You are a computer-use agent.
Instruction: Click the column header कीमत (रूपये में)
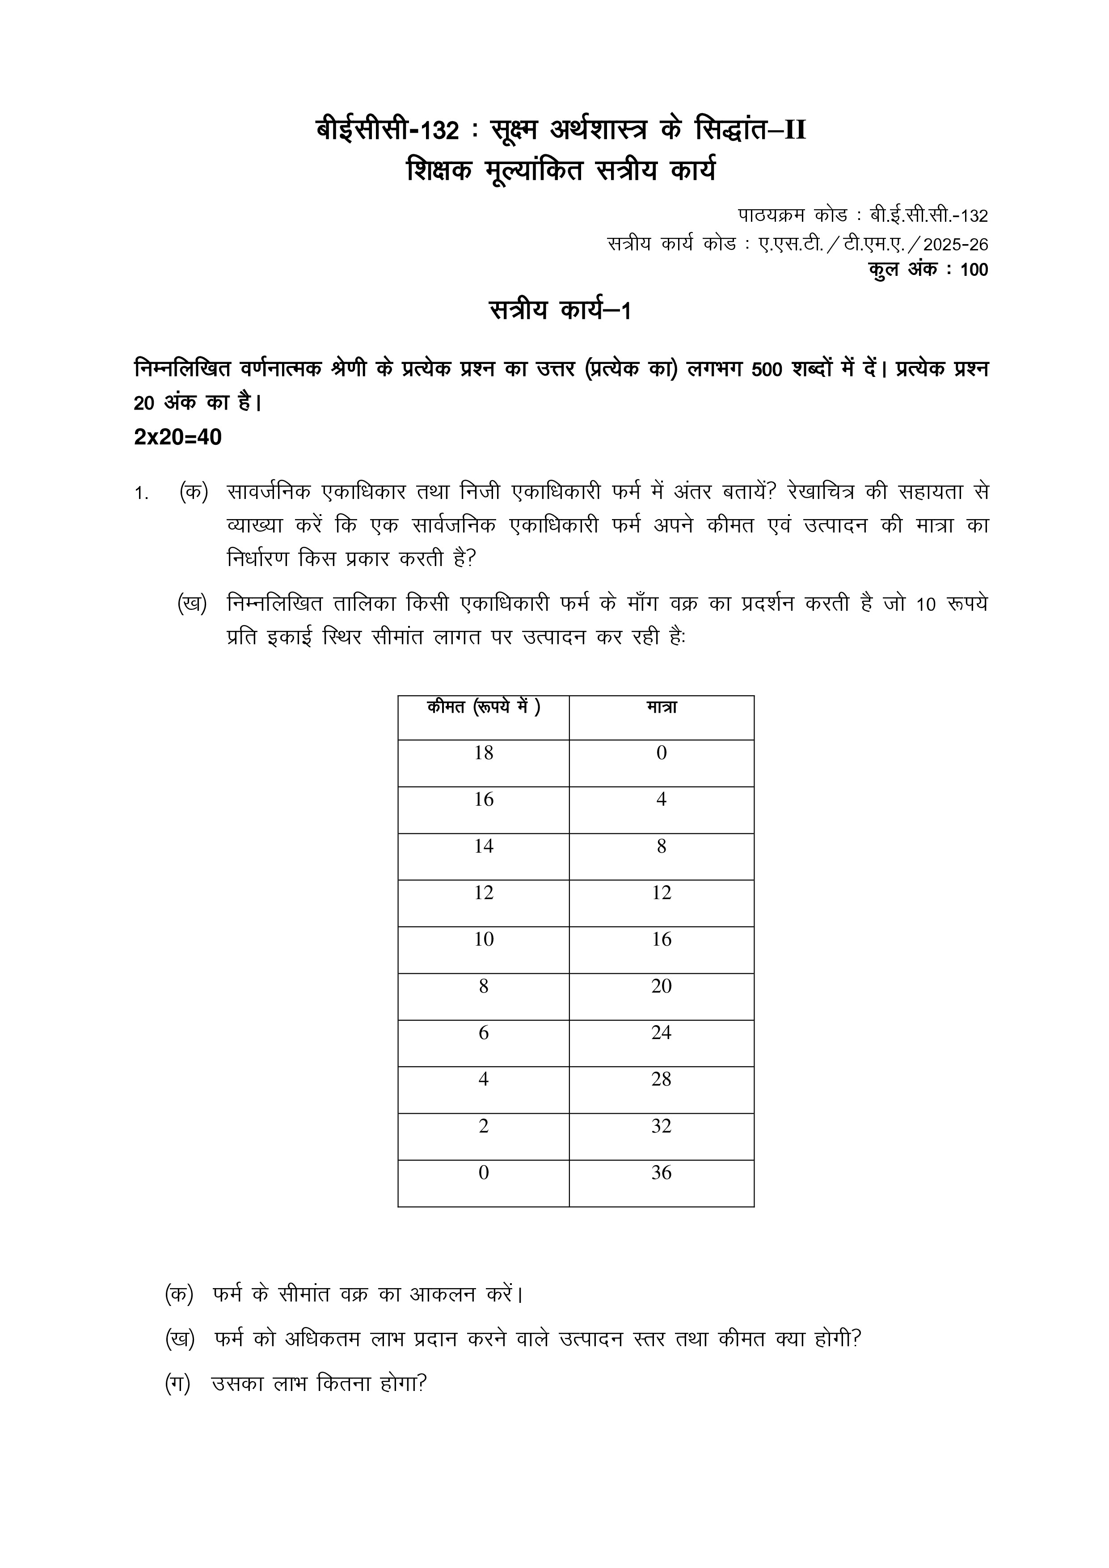[x=484, y=707]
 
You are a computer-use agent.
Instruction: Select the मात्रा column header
[x=661, y=707]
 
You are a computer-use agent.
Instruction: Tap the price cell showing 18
[x=484, y=753]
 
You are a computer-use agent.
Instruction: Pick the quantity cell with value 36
[x=661, y=1173]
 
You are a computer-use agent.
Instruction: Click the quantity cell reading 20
[x=661, y=986]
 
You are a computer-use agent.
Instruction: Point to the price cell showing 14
[x=484, y=847]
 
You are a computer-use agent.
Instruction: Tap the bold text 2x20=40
[x=177, y=437]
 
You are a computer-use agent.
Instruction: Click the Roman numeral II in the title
[x=794, y=130]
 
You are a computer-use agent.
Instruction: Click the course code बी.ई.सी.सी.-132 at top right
[x=929, y=216]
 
